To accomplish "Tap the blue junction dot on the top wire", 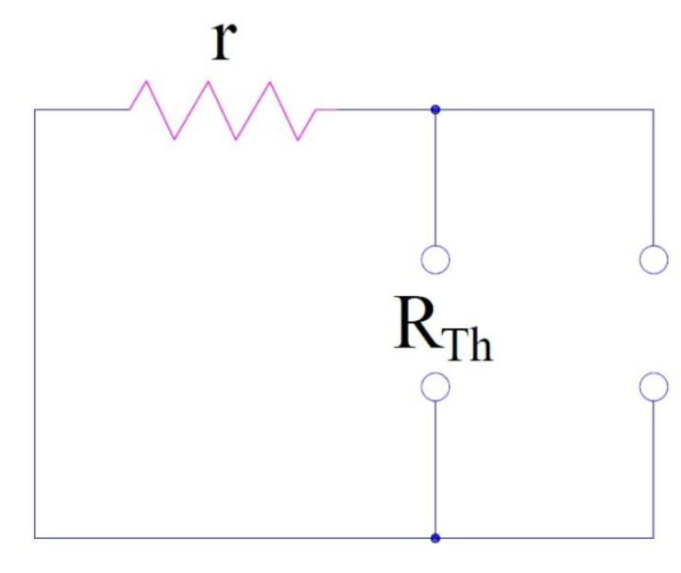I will click(x=436, y=109).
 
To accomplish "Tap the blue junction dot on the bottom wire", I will click(x=436, y=537).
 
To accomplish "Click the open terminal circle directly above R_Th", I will click(x=436, y=260).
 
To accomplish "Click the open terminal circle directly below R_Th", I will click(x=436, y=387).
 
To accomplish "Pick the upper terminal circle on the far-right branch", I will click(x=653, y=260).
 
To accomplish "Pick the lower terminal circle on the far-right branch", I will click(x=653, y=387).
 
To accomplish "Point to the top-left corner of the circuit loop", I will click(x=35, y=109).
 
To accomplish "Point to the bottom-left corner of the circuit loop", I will click(x=35, y=537).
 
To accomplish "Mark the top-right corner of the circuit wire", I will click(x=653, y=109).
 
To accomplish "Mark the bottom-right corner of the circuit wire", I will click(x=653, y=537).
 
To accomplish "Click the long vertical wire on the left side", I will click(x=35, y=322).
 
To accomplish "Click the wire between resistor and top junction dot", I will click(x=386, y=109).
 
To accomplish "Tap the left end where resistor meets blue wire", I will click(x=130, y=109).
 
